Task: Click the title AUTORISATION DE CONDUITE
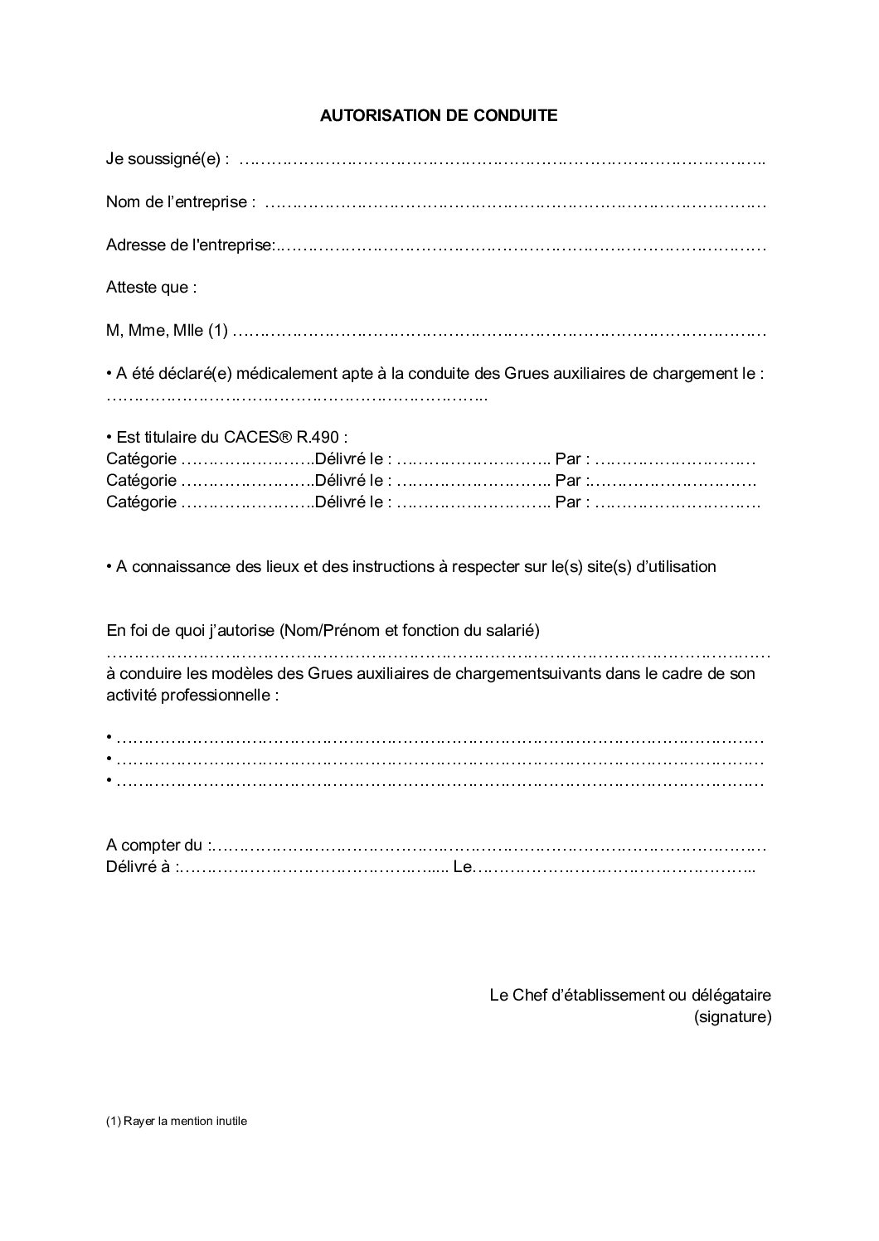(439, 116)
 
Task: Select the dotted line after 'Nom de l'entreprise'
(514, 202)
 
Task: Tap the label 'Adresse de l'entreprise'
(190, 245)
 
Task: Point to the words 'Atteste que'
(152, 288)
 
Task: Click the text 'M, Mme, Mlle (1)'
(167, 332)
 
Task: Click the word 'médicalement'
(285, 374)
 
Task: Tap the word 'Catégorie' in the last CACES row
(141, 502)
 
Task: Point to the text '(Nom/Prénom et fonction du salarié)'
(410, 631)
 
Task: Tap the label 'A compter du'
(155, 846)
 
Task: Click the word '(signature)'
(732, 1016)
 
